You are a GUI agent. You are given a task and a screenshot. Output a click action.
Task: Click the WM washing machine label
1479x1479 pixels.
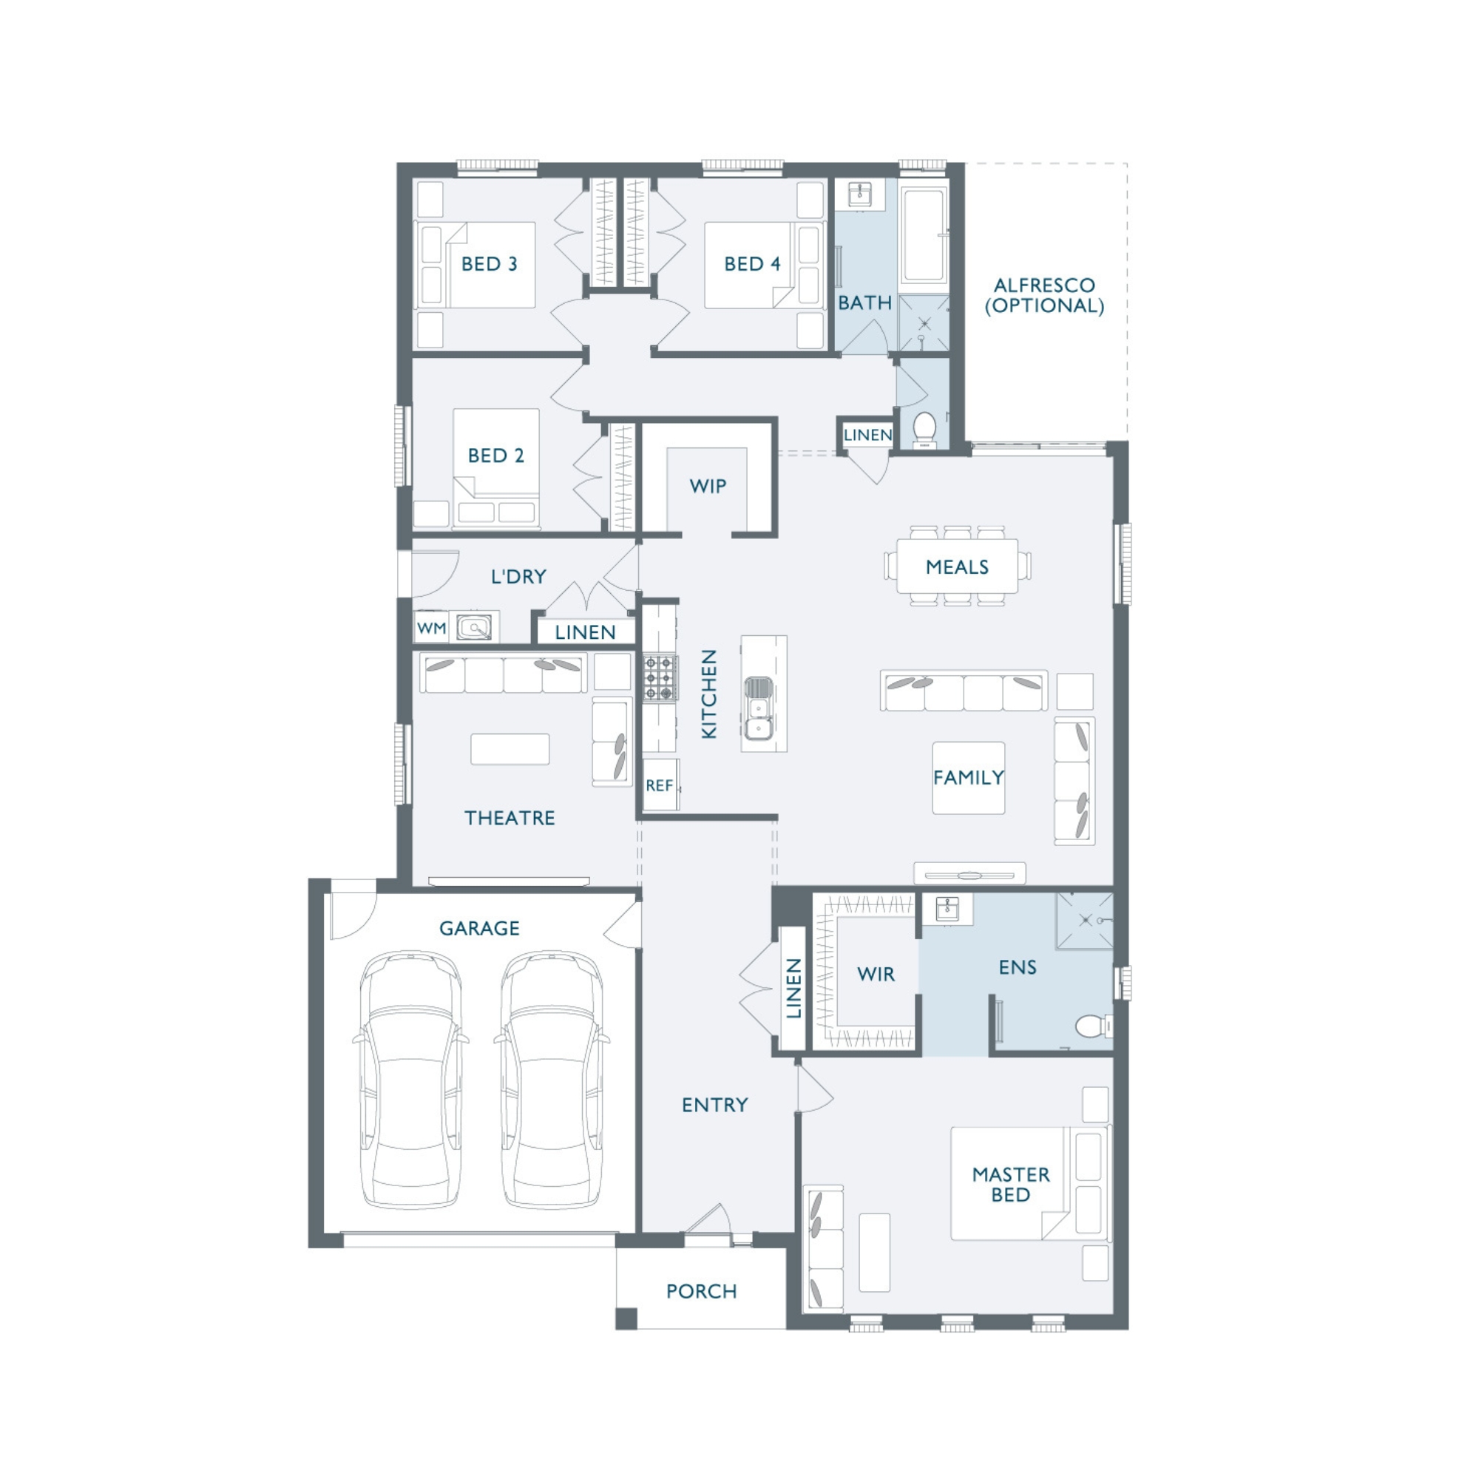tap(431, 629)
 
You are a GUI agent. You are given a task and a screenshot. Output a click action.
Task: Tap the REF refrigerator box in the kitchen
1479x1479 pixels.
tap(660, 785)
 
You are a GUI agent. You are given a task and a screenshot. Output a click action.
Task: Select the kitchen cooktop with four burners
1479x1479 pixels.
tap(660, 677)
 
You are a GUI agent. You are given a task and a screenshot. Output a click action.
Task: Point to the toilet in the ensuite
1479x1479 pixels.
tap(1092, 1025)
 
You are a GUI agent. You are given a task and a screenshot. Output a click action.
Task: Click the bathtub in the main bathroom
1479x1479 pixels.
tap(925, 236)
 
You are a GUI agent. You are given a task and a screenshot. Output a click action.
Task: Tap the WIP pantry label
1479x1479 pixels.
tap(708, 486)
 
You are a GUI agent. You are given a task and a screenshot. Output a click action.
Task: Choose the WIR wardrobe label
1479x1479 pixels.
tap(876, 974)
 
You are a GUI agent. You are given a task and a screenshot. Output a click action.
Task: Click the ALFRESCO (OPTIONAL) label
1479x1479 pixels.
tap(1044, 296)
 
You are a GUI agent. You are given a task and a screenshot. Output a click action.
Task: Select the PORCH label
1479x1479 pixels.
tap(701, 1291)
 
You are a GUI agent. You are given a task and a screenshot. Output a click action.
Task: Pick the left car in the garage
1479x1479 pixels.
tap(411, 1080)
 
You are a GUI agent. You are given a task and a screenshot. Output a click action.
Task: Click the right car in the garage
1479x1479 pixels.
tap(552, 1080)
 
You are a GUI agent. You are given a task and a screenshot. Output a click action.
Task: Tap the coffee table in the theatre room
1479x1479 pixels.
tap(510, 748)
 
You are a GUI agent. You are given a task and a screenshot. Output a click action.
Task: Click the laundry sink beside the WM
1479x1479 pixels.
tap(474, 628)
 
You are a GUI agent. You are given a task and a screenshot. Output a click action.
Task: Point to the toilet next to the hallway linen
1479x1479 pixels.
tap(925, 430)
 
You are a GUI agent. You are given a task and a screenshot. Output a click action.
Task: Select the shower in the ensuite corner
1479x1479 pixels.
tap(1085, 921)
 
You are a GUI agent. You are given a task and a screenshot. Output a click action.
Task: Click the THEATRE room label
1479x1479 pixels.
tap(510, 818)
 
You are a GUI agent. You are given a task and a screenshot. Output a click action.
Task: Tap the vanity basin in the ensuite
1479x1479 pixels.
tap(947, 910)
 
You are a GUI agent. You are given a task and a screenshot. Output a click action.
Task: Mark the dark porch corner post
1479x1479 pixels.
tap(626, 1319)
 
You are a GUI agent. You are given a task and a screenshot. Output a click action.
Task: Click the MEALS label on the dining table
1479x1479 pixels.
tap(957, 567)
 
